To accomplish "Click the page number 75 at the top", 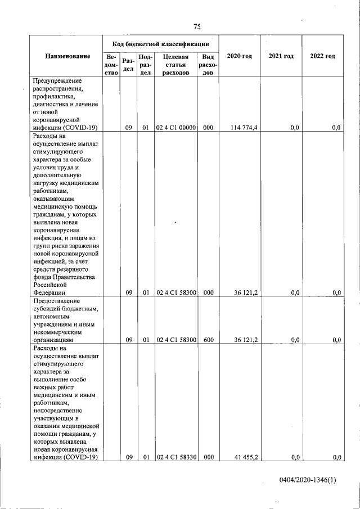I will point(197,26).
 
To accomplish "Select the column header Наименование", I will point(67,56).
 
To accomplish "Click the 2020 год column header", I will point(239,56).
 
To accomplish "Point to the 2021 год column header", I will point(281,56).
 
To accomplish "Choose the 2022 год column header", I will point(322,56).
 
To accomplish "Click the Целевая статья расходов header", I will point(175,65).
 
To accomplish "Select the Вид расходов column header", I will point(208,65).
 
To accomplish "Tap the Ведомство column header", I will point(111,65).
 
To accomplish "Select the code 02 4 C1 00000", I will point(175,128).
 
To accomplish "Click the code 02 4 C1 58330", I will point(175,458).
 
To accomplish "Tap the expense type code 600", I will point(208,340).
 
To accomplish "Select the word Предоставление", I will point(57,300).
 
